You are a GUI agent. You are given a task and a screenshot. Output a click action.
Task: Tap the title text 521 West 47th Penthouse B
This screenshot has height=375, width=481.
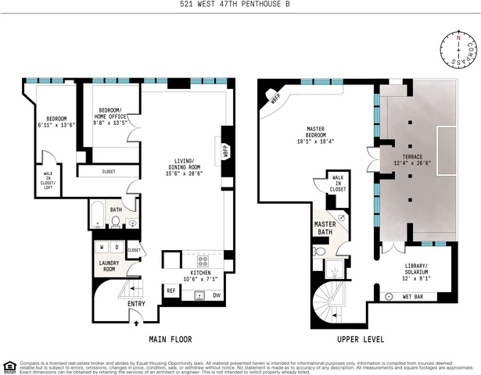tap(240, 6)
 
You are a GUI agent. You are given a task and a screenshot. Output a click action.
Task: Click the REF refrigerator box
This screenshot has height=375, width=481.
tap(171, 291)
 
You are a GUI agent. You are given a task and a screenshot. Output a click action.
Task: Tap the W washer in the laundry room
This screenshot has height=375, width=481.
tap(102, 247)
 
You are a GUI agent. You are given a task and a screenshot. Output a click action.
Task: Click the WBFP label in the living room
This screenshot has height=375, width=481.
tap(225, 148)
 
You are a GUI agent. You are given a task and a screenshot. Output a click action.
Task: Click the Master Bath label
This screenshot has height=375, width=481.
tap(325, 228)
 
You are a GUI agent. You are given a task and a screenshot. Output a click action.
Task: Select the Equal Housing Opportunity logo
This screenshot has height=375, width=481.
tap(9, 365)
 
